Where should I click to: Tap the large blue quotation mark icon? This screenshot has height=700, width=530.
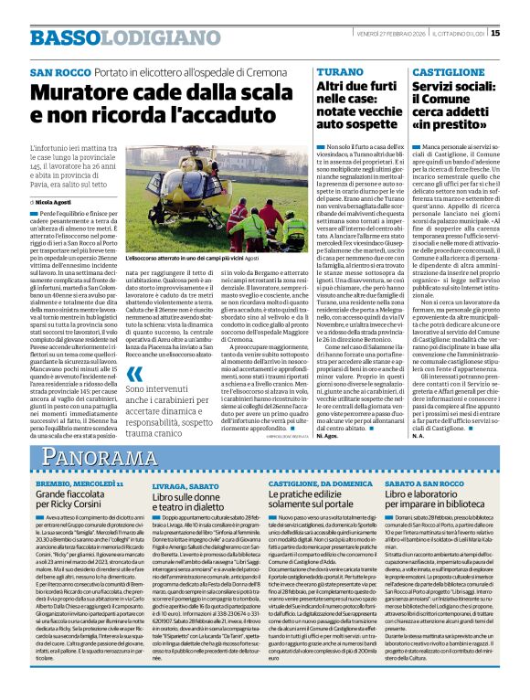point(134,374)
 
